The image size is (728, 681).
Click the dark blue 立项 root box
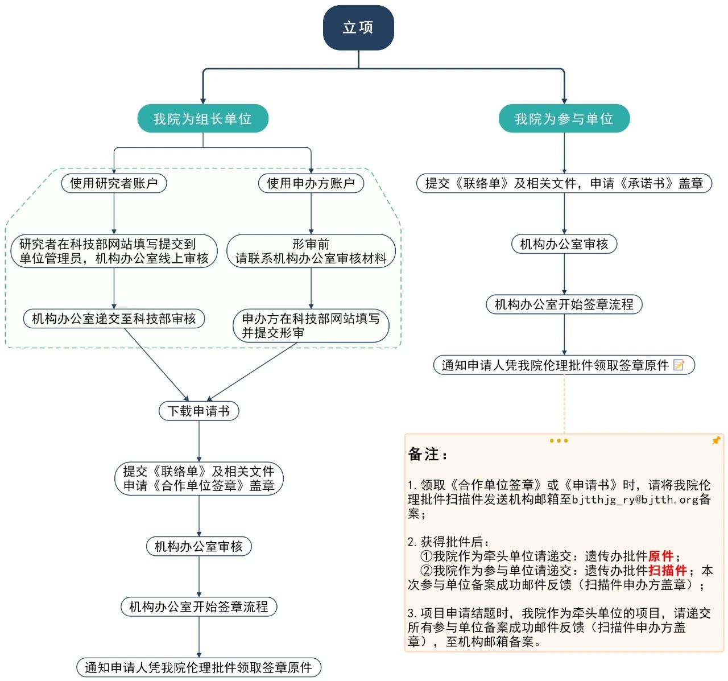[358, 27]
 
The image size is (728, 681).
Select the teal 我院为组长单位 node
[202, 119]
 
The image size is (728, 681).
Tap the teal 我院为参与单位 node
[564, 119]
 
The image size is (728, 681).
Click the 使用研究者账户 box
[114, 183]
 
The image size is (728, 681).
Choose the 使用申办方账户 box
[311, 183]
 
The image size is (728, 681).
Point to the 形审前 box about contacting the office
[311, 251]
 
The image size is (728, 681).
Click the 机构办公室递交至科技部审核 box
[114, 319]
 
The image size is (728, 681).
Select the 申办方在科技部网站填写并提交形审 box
[311, 325]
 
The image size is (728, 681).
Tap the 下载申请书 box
[198, 411]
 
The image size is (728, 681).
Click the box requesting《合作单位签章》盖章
[198, 478]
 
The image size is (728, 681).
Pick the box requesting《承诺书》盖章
[564, 183]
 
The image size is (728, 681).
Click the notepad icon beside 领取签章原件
[679, 365]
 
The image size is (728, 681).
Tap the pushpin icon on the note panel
[715, 441]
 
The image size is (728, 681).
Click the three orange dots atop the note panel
[559, 441]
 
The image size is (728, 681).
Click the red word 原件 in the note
[660, 556]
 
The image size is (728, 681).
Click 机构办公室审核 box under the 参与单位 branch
[564, 244]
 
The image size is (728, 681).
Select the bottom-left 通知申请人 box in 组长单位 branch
[198, 667]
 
